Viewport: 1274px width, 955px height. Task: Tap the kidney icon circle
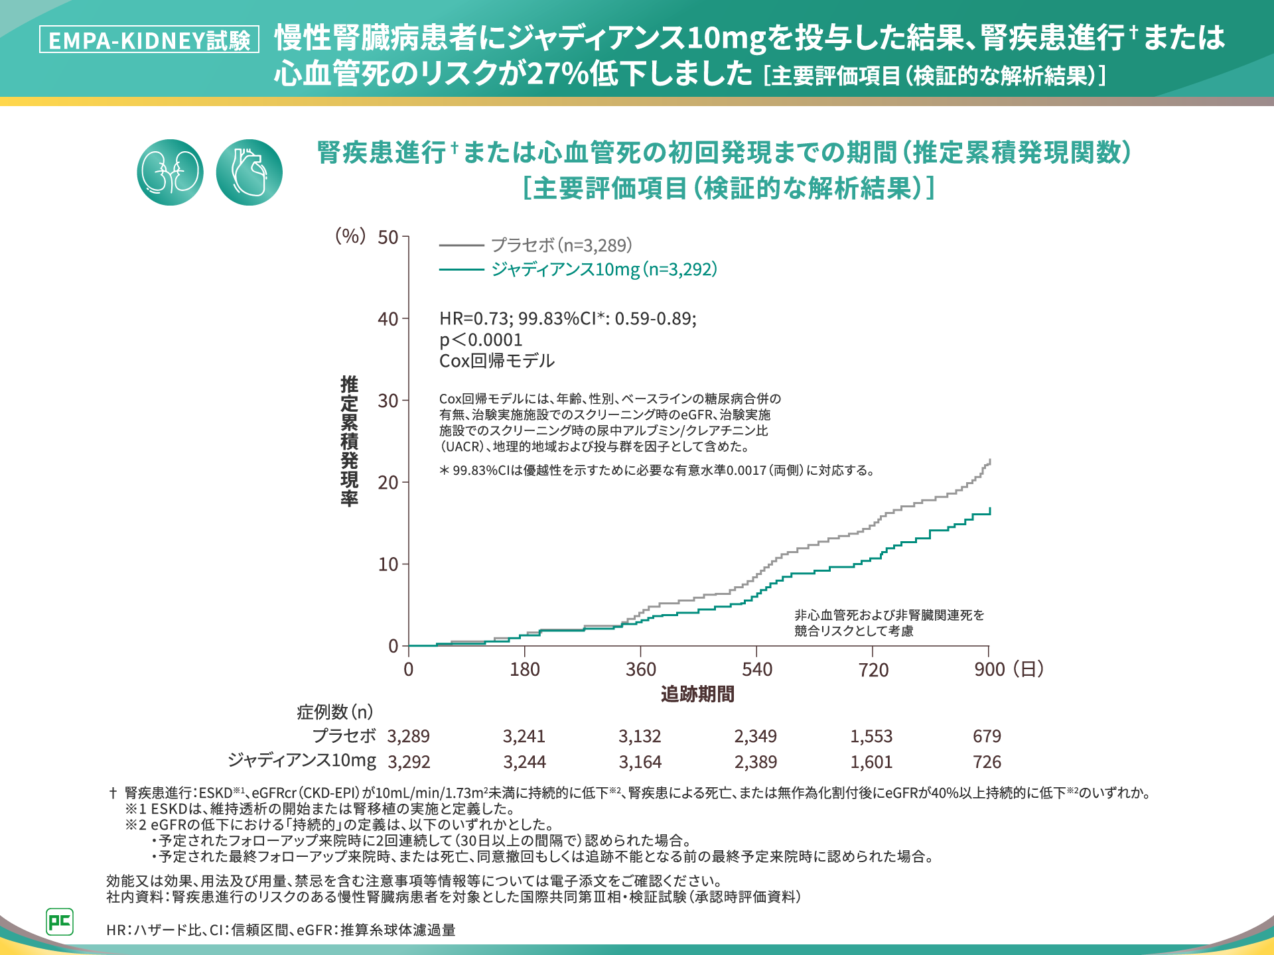click(x=170, y=172)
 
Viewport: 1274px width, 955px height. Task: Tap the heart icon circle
click(x=249, y=172)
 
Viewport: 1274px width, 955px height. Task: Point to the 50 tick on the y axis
click(x=388, y=237)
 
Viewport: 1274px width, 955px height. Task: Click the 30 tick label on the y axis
click(x=388, y=401)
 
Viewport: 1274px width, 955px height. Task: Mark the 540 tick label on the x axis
click(x=757, y=669)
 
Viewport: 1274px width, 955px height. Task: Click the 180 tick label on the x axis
click(x=525, y=669)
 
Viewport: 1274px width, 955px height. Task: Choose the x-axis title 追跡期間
click(x=697, y=694)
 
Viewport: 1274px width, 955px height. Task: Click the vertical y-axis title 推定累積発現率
click(x=349, y=441)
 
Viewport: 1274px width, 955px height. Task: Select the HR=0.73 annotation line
click(x=568, y=319)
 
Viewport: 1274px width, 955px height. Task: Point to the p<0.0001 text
click(x=481, y=340)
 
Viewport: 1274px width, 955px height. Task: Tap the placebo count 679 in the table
click(x=987, y=736)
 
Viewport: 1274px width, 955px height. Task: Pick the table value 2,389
click(x=756, y=762)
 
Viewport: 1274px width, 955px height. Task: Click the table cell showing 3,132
click(x=640, y=736)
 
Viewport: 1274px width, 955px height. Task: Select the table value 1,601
click(x=871, y=762)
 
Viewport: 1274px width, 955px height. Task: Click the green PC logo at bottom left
click(x=60, y=922)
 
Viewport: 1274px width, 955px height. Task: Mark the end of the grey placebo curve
click(x=990, y=460)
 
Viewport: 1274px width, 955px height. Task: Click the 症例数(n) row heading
click(x=335, y=712)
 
